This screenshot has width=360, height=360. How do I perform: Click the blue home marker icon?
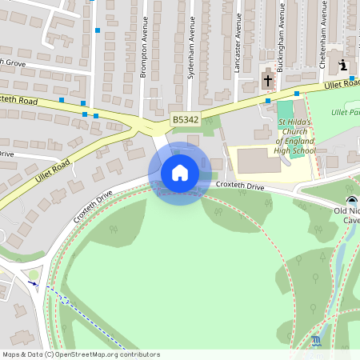click(179, 173)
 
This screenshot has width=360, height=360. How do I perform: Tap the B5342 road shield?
click(185, 120)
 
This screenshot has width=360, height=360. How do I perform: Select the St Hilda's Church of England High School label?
click(296, 136)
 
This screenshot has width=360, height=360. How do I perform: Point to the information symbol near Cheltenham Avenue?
click(342, 66)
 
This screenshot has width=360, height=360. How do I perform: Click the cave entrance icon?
click(351, 201)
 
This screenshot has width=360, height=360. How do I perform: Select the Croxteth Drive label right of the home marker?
click(240, 186)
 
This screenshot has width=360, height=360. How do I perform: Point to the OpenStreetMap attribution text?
click(80, 354)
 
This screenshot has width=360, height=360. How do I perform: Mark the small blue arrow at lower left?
click(32, 282)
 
